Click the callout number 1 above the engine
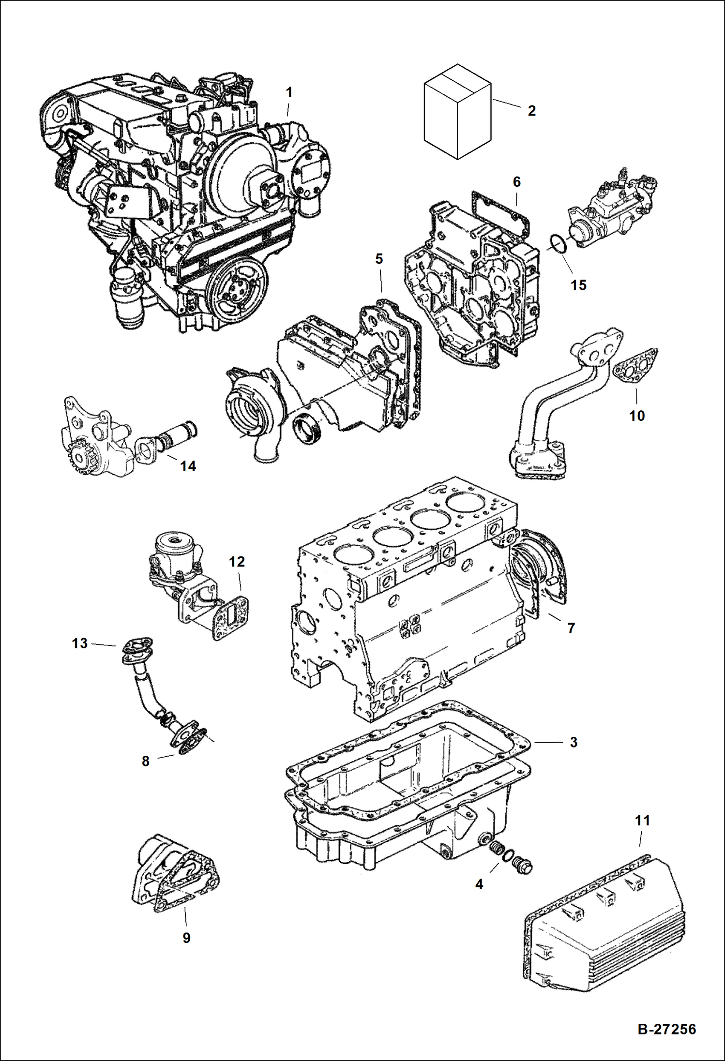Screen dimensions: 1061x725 (289, 92)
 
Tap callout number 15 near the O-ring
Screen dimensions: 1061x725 (578, 285)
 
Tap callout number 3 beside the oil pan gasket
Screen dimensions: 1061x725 (574, 742)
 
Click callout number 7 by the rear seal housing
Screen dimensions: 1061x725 (571, 628)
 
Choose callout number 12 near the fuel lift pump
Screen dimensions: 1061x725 (237, 562)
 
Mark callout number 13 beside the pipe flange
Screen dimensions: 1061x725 (80, 643)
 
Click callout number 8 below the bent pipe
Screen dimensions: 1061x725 (146, 761)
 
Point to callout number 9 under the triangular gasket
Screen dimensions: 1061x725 (186, 938)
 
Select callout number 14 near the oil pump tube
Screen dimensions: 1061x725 (188, 466)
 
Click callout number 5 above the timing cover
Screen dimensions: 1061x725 (379, 259)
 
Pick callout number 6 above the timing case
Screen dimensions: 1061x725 (516, 182)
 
